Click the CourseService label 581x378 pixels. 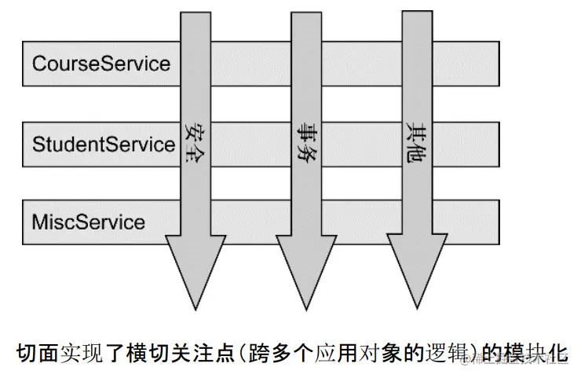click(x=100, y=63)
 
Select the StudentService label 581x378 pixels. click(x=103, y=145)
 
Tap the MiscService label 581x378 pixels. click(x=88, y=222)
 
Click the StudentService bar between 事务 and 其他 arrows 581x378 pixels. click(x=361, y=145)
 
